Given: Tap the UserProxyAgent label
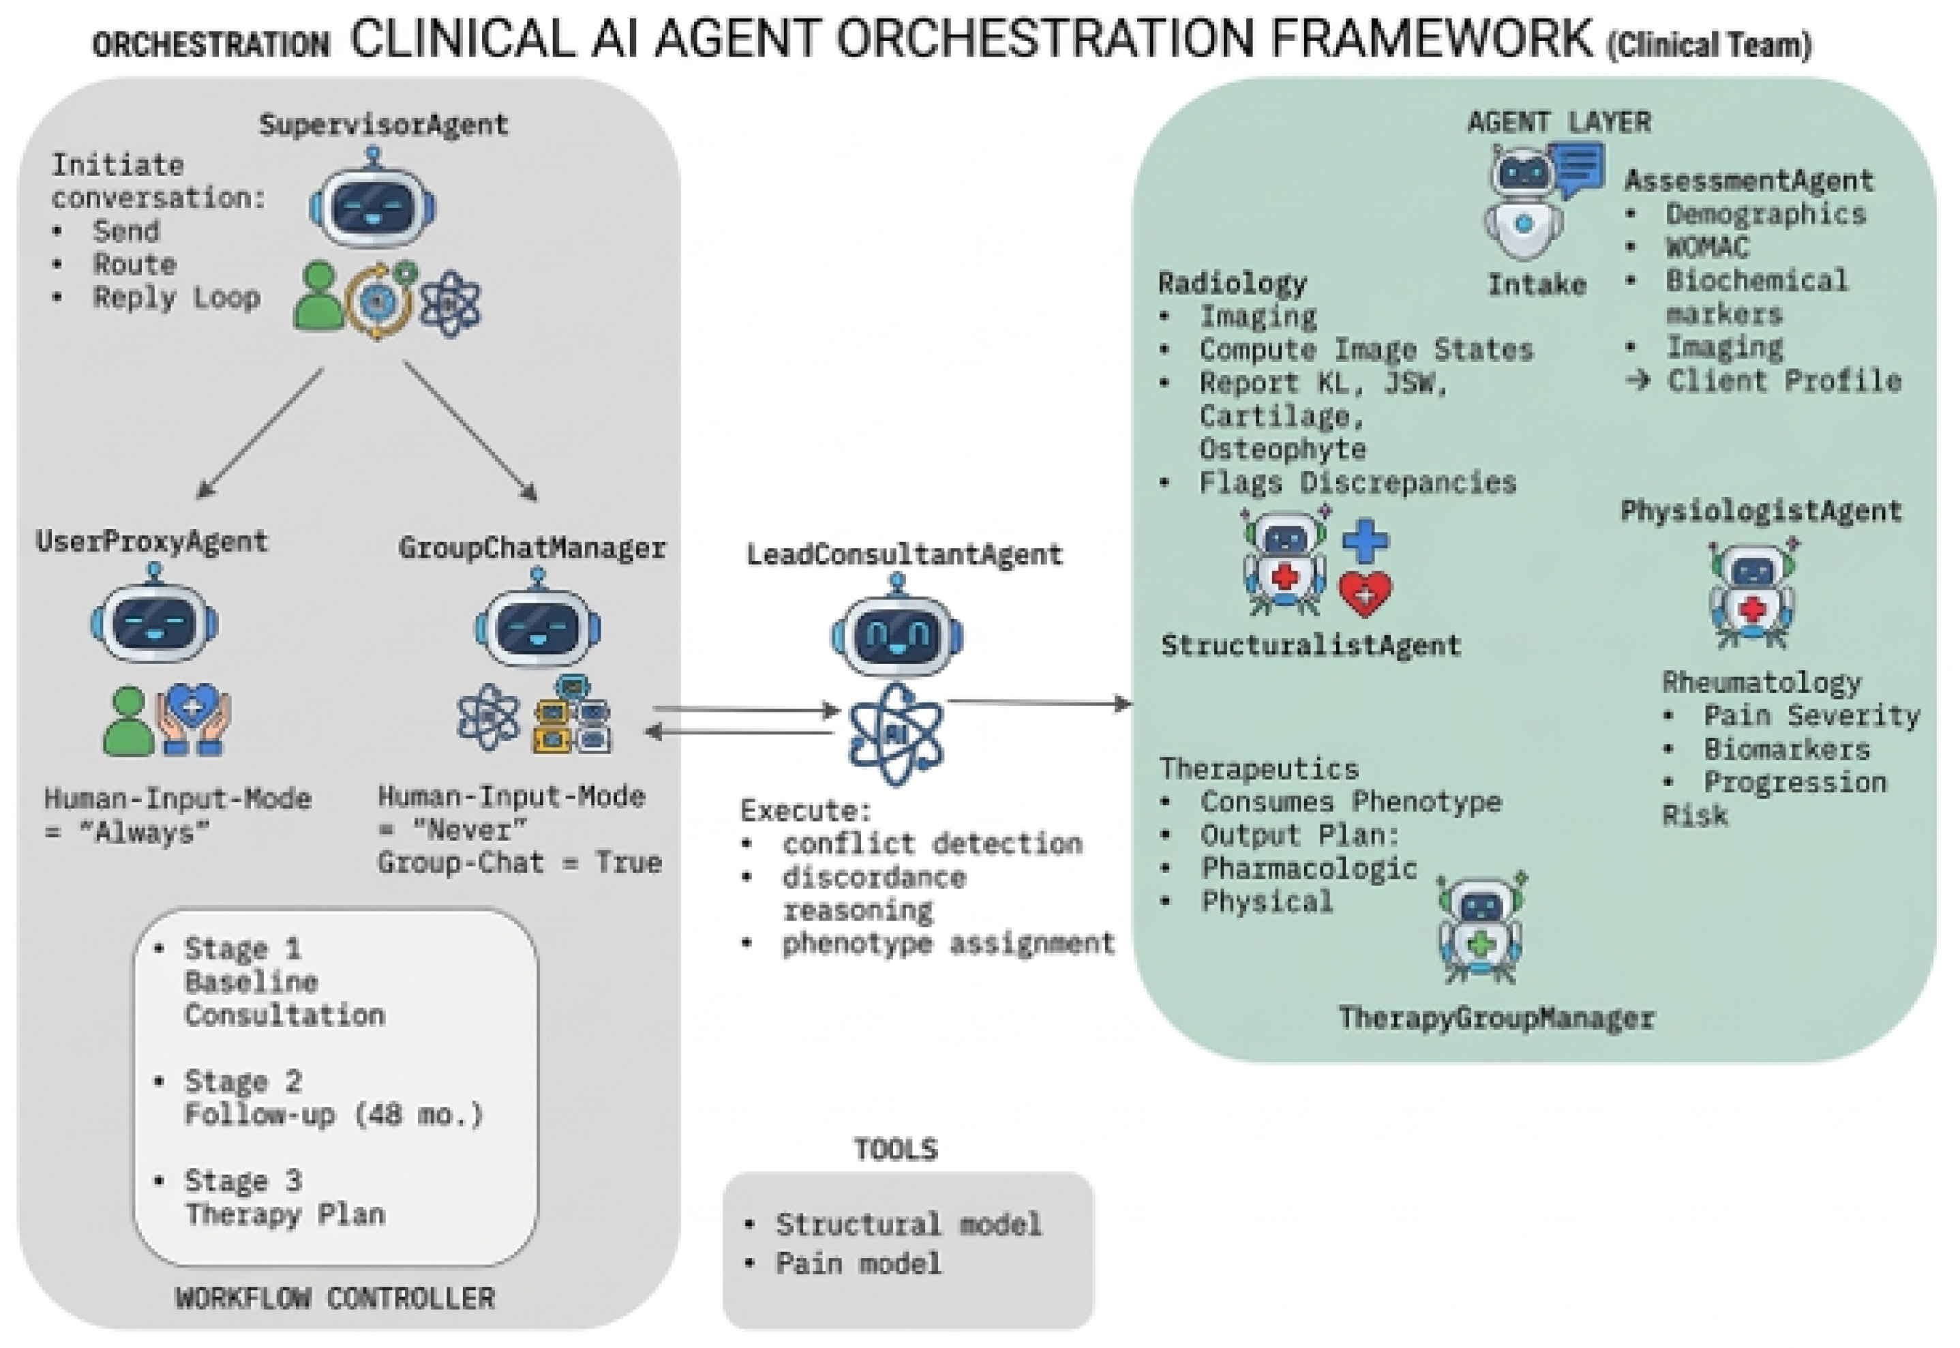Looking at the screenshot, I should [152, 541].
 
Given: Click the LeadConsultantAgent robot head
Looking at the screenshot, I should [896, 633].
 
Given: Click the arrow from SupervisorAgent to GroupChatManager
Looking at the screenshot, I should [470, 432].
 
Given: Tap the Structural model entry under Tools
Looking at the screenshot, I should [908, 1224].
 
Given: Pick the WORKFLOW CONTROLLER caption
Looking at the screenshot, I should [335, 1298].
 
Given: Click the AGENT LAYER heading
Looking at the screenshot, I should [1558, 123].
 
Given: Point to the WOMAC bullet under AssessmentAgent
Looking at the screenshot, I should [1706, 248].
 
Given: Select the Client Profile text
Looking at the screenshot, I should [1783, 381].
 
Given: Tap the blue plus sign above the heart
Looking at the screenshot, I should [1366, 541].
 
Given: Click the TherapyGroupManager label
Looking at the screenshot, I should [1496, 1018].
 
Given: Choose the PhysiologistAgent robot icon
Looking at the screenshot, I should [1753, 595].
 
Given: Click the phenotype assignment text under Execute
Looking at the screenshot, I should [948, 944].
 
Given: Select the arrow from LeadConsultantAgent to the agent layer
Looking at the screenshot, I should [1039, 702].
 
